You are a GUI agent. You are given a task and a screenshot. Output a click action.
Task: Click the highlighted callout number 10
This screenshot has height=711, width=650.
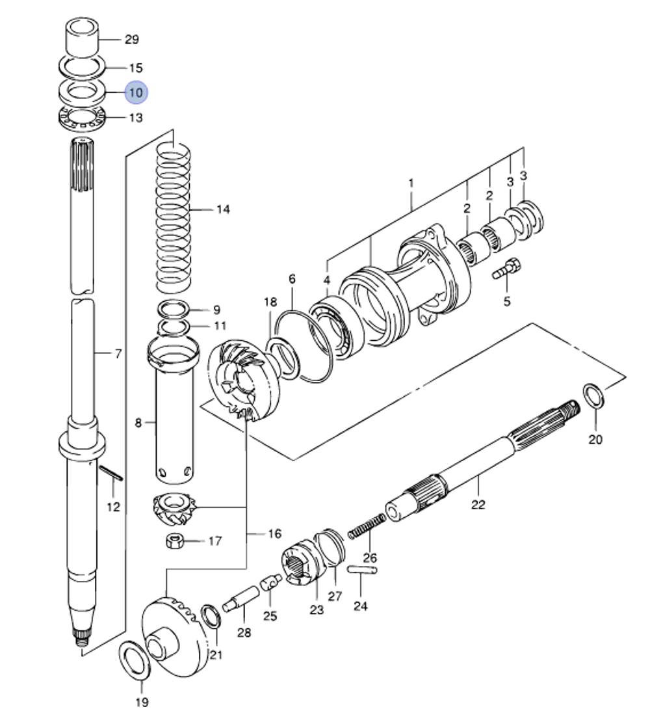136,93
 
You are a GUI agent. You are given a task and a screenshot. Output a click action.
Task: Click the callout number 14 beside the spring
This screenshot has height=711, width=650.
223,209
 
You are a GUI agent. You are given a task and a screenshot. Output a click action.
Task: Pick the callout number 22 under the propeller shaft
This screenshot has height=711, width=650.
478,504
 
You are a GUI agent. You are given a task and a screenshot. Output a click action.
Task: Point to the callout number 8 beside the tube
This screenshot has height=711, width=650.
138,423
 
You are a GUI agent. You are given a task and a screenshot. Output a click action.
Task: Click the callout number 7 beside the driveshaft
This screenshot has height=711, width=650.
118,355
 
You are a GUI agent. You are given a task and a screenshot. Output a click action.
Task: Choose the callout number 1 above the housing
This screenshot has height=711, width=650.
411,183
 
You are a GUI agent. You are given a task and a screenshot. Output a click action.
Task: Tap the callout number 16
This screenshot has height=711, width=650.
274,533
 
